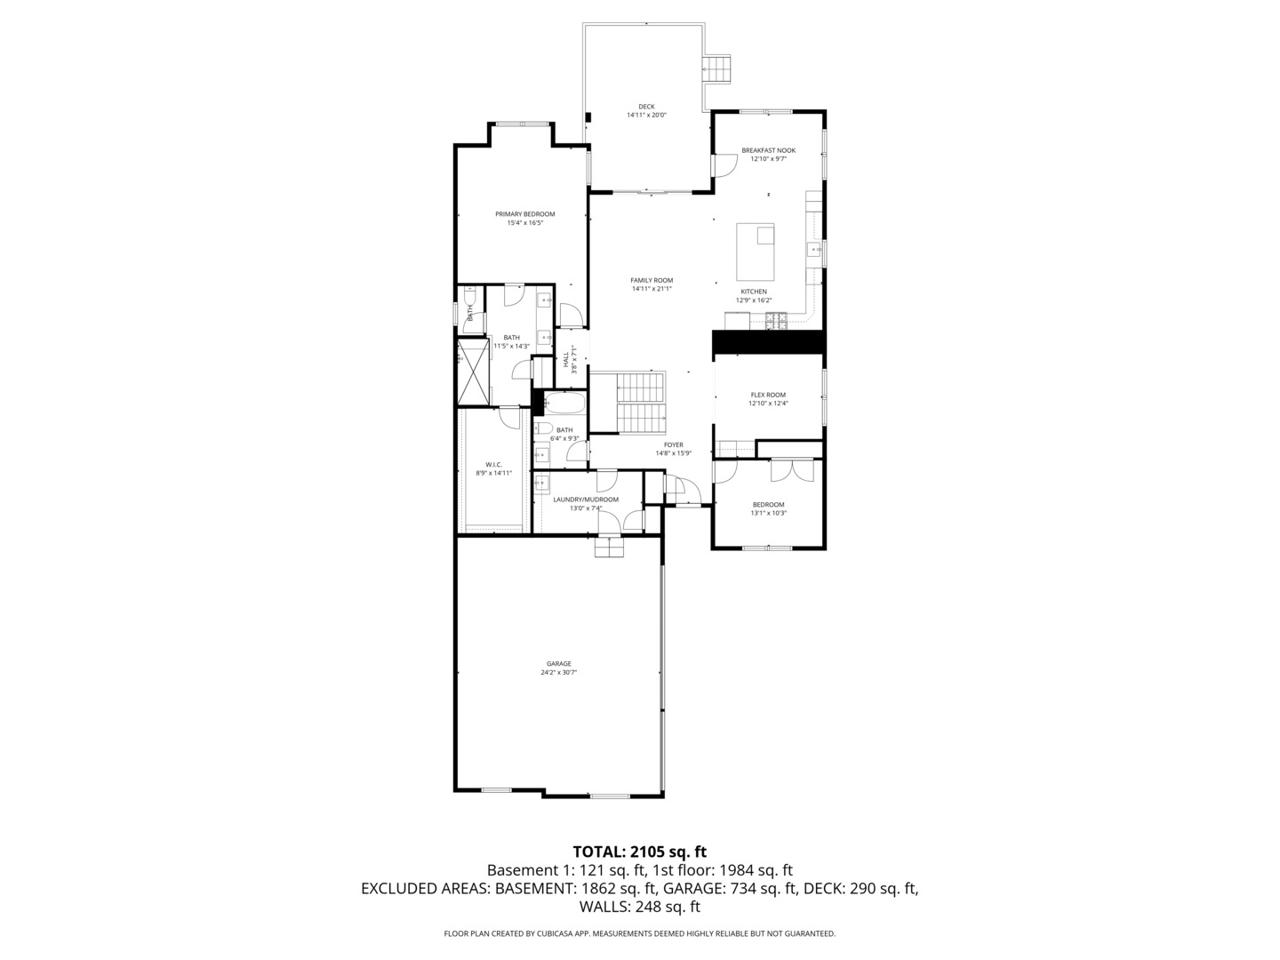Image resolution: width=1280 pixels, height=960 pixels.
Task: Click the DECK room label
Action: point(645,107)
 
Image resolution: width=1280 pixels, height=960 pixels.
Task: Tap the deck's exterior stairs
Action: point(717,69)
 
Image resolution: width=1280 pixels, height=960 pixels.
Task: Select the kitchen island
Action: point(755,251)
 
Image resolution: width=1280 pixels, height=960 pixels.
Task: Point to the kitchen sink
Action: point(813,251)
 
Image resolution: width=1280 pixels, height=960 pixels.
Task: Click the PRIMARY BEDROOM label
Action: point(524,214)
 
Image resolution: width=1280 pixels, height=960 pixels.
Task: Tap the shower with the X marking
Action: point(473,371)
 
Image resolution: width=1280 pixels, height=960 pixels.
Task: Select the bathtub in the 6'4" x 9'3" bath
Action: point(564,405)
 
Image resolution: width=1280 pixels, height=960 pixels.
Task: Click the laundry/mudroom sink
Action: point(540,484)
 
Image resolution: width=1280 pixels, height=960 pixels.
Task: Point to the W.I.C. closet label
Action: point(493,464)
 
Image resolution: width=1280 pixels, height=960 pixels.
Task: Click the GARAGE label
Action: point(558,663)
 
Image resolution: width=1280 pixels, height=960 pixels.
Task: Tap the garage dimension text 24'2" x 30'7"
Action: point(558,673)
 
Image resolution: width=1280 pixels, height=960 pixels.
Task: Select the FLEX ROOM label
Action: point(768,395)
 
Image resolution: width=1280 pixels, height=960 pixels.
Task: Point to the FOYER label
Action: point(673,444)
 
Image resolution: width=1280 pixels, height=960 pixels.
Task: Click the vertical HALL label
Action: point(565,360)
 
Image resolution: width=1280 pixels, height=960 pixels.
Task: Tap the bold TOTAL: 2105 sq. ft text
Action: point(639,852)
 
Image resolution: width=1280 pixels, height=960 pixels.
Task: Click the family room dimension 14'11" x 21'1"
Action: point(652,289)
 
